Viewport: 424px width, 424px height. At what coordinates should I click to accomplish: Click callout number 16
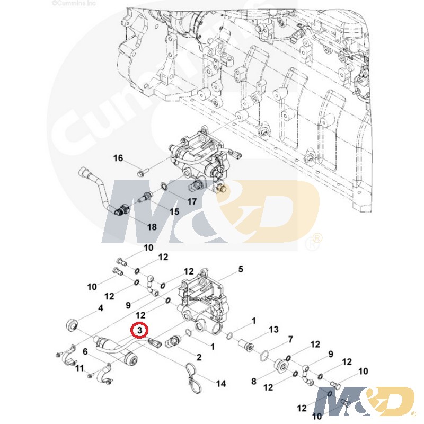click(118, 158)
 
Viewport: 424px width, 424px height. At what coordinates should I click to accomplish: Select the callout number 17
click(191, 201)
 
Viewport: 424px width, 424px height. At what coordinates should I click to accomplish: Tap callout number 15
click(174, 212)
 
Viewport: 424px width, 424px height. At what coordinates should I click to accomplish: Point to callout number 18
click(152, 227)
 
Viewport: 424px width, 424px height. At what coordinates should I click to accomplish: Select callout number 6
click(85, 351)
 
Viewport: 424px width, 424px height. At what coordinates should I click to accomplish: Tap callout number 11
click(80, 368)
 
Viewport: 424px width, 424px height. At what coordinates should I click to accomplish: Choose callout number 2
click(199, 358)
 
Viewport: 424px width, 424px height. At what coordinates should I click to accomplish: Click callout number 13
click(273, 330)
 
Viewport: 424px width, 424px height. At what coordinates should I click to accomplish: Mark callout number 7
click(290, 339)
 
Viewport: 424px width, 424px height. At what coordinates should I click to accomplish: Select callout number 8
click(253, 381)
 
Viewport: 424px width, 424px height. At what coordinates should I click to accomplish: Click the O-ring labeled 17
click(165, 186)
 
